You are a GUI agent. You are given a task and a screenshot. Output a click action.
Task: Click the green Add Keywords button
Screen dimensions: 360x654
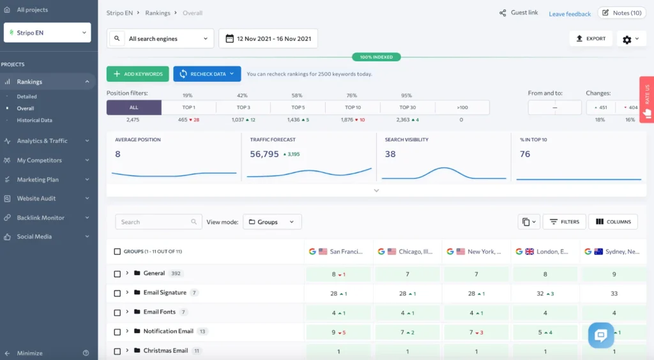[138, 74]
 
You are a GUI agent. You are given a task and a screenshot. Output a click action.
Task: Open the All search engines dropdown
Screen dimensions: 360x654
[161, 39]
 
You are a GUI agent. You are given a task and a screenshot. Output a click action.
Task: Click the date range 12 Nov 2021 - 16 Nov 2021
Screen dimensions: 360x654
[268, 39]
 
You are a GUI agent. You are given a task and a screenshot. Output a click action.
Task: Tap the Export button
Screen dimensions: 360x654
[591, 39]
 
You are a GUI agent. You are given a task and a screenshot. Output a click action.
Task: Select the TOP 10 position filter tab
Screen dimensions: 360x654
[353, 107]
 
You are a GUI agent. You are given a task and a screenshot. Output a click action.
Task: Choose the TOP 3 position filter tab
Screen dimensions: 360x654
[243, 107]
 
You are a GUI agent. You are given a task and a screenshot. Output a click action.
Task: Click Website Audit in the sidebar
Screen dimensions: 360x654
[36, 199]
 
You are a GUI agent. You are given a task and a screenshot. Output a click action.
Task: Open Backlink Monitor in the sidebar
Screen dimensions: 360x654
[41, 218]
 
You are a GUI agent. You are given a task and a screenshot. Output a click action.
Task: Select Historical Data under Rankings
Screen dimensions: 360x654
[34, 120]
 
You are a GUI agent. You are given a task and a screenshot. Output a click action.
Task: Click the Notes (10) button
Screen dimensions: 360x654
[621, 13]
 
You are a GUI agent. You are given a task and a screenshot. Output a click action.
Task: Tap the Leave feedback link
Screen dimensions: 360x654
[570, 14]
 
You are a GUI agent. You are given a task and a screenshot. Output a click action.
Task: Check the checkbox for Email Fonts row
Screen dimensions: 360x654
[118, 313]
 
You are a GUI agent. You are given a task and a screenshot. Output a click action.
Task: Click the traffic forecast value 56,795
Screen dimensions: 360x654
[264, 154]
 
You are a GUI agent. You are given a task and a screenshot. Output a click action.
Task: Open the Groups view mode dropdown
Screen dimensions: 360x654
[272, 222]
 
